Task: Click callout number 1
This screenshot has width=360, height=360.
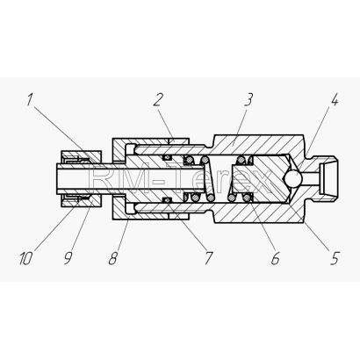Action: point(30,100)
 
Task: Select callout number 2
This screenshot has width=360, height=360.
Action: point(158,100)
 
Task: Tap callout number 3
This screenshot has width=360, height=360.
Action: point(248,100)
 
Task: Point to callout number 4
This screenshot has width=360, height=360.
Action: point(335,100)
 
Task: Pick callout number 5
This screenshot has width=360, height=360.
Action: point(335,259)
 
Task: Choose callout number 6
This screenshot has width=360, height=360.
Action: point(275,259)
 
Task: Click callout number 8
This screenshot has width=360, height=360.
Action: point(113,259)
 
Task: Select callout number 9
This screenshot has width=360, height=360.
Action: point(68,259)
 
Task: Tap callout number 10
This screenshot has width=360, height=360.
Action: point(25,259)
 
